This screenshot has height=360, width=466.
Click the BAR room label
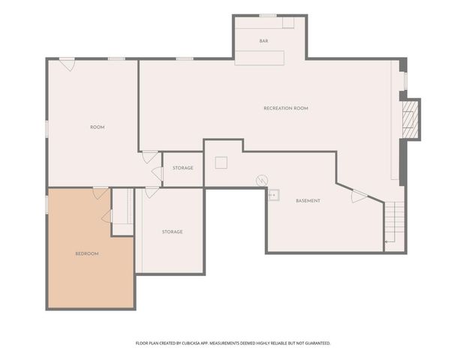click(263, 41)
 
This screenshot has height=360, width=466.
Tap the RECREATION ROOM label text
click(286, 108)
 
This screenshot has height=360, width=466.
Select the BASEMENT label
click(308, 201)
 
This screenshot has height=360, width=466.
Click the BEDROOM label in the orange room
click(87, 253)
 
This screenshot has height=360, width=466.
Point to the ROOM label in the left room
click(98, 127)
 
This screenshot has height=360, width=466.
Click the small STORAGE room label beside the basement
click(183, 168)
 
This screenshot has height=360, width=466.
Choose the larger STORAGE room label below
click(172, 232)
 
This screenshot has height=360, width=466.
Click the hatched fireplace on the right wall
click(410, 119)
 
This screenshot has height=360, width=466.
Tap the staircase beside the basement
click(395, 222)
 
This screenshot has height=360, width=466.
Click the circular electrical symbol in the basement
click(262, 180)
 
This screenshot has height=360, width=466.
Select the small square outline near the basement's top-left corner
click(221, 163)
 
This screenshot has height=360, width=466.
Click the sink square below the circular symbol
click(274, 195)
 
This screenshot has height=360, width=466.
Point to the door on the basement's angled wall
click(359, 196)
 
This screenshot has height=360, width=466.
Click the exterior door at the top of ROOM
click(68, 64)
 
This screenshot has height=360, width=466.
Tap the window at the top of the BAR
click(268, 16)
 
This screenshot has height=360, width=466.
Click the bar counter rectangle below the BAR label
click(260, 58)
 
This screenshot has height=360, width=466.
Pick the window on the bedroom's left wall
click(47, 204)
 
